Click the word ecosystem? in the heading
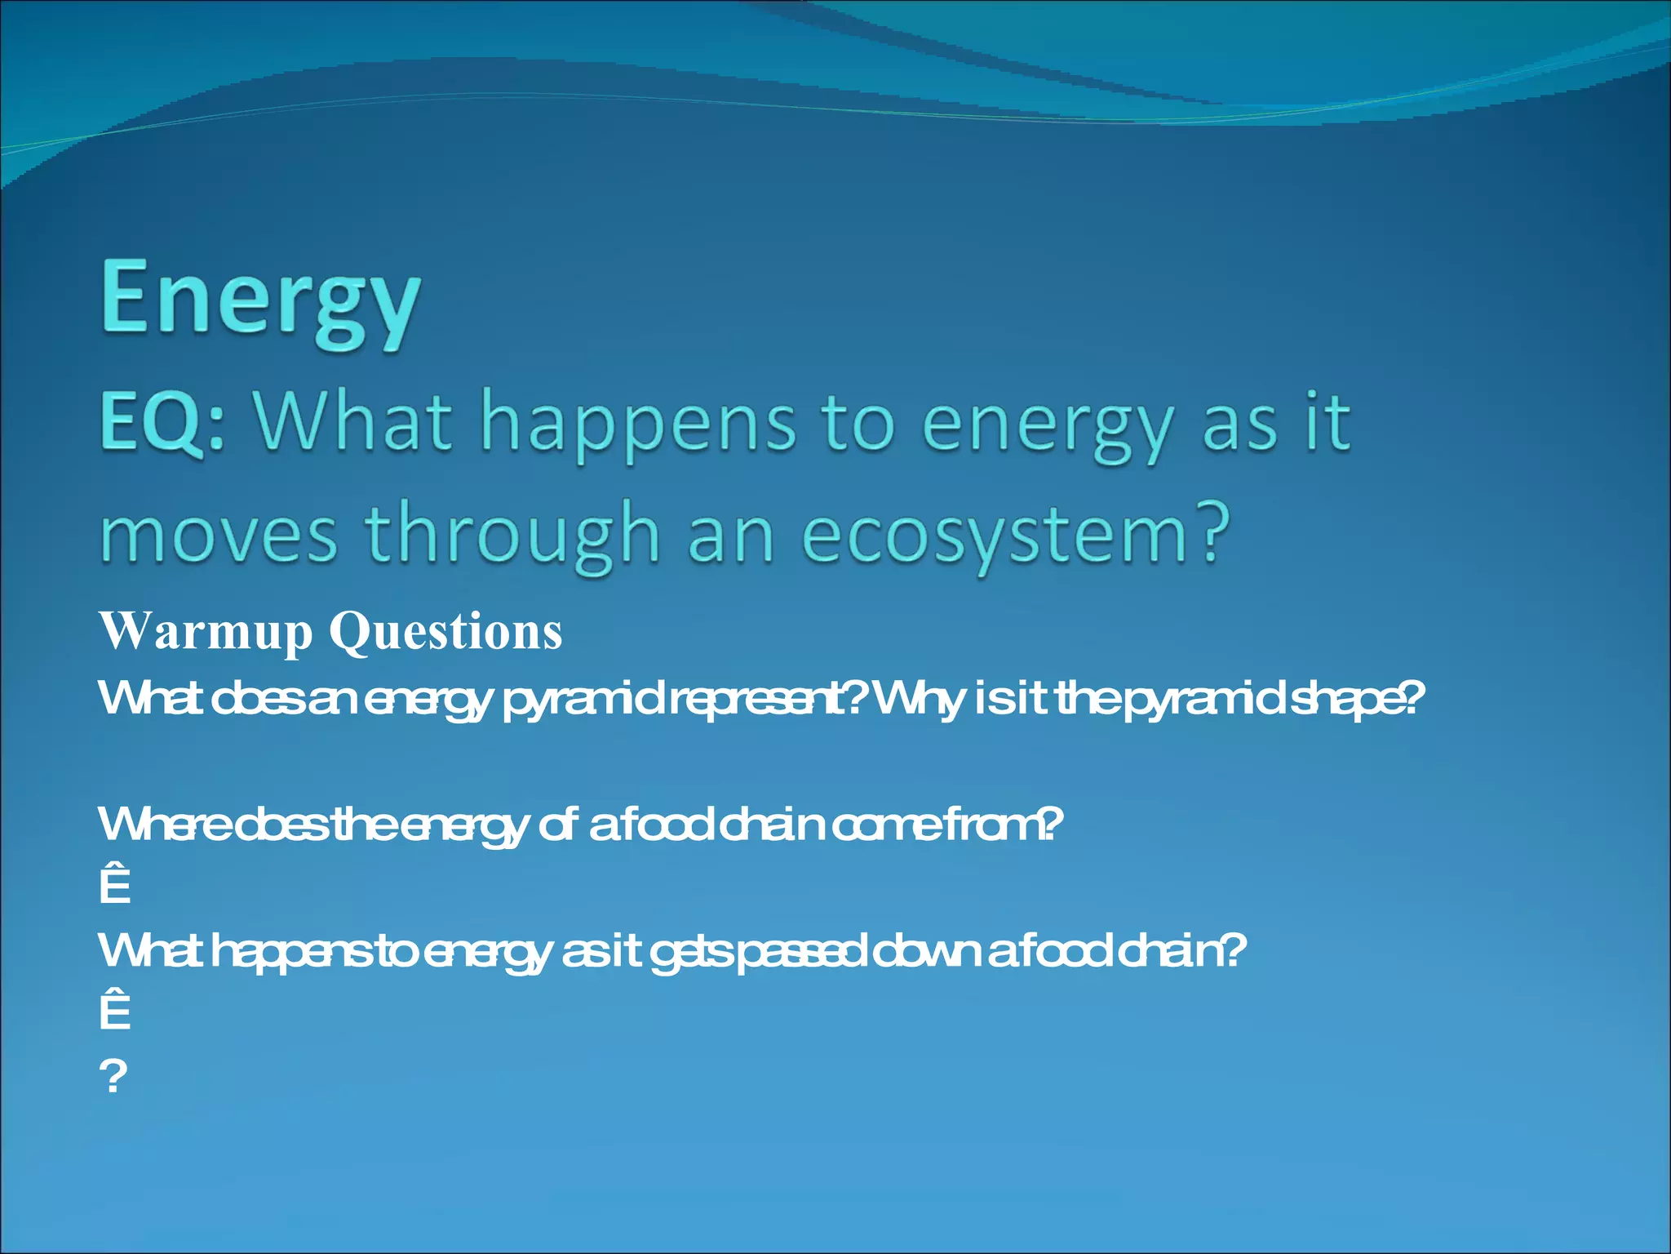1016,536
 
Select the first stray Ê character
115,885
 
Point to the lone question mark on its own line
114,1076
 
